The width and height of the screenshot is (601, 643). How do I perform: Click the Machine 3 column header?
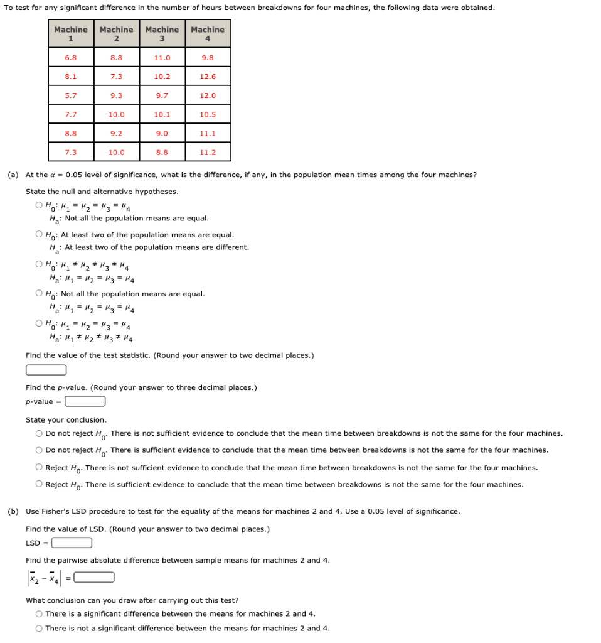162,34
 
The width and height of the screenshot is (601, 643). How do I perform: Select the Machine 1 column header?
71,34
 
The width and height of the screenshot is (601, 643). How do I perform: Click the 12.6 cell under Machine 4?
208,77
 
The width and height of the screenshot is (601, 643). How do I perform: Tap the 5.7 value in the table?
71,95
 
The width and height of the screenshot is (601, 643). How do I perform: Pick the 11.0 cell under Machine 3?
162,58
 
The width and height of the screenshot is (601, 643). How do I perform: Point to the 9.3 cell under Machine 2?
117,95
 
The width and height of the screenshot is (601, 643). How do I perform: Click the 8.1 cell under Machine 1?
71,77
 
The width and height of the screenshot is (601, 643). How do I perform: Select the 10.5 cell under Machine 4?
208,114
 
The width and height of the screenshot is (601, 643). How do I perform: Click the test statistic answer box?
46,370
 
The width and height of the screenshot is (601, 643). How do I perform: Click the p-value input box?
85,401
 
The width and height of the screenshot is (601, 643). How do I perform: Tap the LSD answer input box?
72,543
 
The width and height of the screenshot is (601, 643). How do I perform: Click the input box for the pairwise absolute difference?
94,577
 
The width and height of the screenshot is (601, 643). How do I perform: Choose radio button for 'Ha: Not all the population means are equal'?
40,205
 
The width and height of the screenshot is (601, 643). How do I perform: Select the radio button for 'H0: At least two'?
40,235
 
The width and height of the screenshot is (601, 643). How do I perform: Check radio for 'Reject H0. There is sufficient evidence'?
40,484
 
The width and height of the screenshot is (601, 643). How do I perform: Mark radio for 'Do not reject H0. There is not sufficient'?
40,433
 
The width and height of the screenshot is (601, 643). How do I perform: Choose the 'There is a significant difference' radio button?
40,613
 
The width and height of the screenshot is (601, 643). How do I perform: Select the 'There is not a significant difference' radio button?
40,628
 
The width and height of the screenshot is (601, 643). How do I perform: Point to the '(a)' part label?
13,175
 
